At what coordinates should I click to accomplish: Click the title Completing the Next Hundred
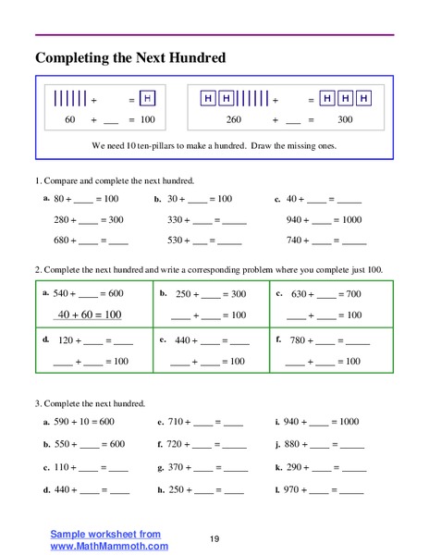(130, 58)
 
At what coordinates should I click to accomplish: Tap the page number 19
(214, 538)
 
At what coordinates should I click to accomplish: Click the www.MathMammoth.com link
(103, 546)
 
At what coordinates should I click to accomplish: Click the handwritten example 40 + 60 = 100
(90, 314)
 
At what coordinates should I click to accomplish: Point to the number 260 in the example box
(233, 120)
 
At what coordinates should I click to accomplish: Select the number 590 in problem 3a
(64, 422)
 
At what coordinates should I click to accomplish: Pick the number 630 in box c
(301, 294)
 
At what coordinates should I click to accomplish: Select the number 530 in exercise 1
(176, 240)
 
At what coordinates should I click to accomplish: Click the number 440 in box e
(185, 340)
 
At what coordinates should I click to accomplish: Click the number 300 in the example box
(345, 120)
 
